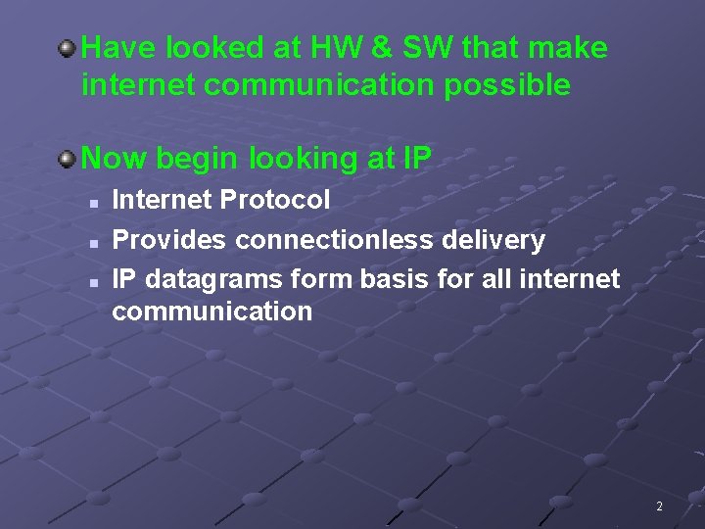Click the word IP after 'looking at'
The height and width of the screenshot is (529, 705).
pos(416,158)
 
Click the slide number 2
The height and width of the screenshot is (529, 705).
pos(659,506)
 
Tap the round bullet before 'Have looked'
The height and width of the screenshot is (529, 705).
pos(68,46)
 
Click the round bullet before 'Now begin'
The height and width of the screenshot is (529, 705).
pos(68,157)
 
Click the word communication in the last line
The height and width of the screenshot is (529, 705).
pos(211,313)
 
